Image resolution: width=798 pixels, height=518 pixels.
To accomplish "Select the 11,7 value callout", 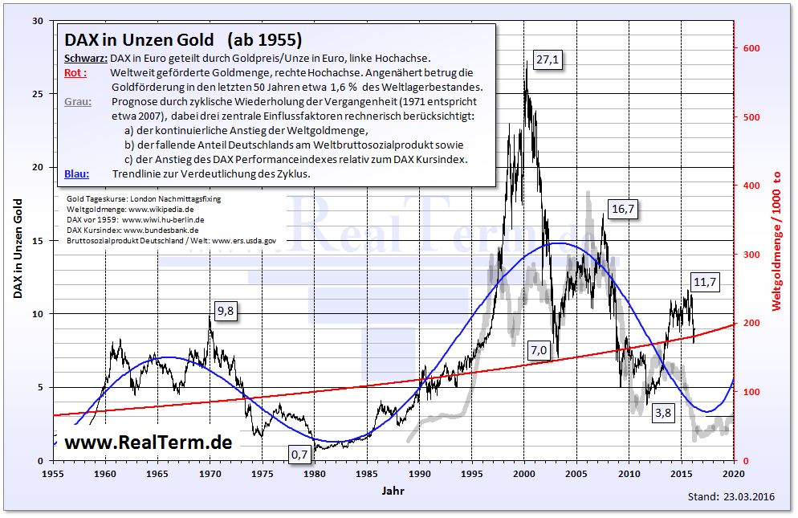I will click(705, 282).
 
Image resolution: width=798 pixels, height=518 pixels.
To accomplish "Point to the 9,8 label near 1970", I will click(225, 312).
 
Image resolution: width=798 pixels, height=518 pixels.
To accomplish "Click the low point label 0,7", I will click(299, 455).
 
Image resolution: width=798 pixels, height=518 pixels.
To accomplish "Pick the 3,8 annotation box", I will click(663, 414).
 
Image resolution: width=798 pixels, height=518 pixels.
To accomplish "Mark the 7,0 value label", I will click(538, 349).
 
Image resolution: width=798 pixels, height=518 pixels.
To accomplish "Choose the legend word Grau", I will click(77, 102).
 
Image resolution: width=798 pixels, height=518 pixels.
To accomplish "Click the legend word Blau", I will click(76, 174).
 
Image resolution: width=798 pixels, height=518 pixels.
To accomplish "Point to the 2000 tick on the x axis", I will click(524, 474).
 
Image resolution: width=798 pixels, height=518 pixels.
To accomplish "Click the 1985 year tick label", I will click(367, 474).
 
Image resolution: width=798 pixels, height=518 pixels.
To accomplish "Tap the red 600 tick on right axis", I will click(751, 48).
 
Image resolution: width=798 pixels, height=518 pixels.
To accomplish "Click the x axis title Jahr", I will click(393, 489).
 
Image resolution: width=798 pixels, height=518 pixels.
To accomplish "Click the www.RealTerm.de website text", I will click(148, 442).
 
